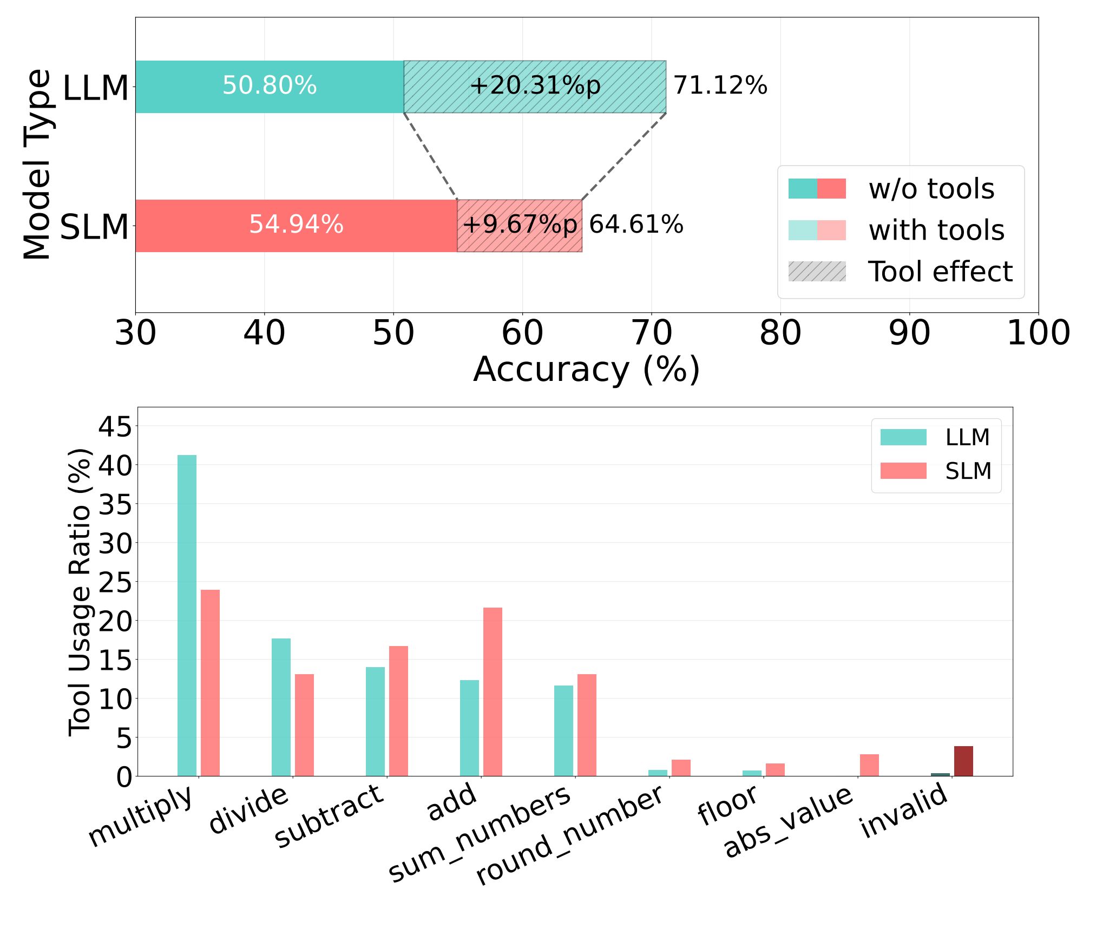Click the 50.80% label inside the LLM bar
[x=270, y=85]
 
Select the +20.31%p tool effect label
[x=535, y=85]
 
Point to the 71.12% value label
[x=720, y=85]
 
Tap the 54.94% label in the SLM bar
[x=296, y=225]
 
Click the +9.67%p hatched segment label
[x=520, y=225]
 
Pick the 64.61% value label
[x=636, y=225]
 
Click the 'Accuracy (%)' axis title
[x=587, y=370]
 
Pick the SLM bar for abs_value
[x=869, y=765]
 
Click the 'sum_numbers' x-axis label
[x=480, y=833]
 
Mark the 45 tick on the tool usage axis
[x=115, y=426]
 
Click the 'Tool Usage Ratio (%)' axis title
[x=80, y=592]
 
